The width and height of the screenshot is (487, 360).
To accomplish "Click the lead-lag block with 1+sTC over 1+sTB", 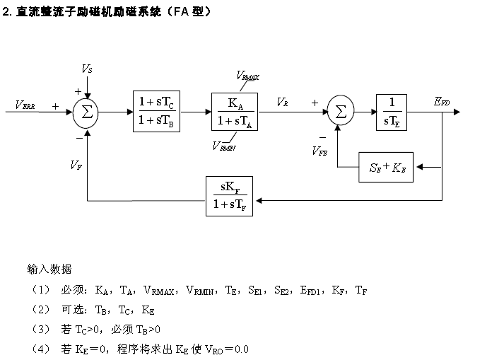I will pyautogui.click(x=157, y=112).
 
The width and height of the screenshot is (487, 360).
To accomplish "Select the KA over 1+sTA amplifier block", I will pyautogui.click(x=235, y=112).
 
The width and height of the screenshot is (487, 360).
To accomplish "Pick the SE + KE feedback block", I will pyautogui.click(x=386, y=168).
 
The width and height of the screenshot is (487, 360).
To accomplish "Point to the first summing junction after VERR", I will pyautogui.click(x=87, y=112).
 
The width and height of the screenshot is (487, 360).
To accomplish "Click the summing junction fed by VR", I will pyautogui.click(x=341, y=112).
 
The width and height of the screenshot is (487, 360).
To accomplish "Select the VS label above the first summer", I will pyautogui.click(x=86, y=69).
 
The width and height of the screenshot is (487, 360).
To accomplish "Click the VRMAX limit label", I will pyautogui.click(x=247, y=76).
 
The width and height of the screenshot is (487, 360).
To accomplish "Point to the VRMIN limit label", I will pyautogui.click(x=224, y=146).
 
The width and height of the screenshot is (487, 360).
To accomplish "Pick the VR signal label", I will pyautogui.click(x=283, y=103).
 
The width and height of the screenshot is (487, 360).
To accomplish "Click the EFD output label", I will pyautogui.click(x=442, y=103).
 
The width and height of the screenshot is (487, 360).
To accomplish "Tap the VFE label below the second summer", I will pyautogui.click(x=319, y=150).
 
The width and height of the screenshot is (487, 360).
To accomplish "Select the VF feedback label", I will pyautogui.click(x=75, y=164).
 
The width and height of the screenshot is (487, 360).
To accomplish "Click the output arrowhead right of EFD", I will pyautogui.click(x=457, y=112).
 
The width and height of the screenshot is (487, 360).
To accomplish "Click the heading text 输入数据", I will pyautogui.click(x=49, y=269).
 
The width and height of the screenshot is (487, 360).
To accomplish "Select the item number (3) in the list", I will pyautogui.click(x=40, y=330).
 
